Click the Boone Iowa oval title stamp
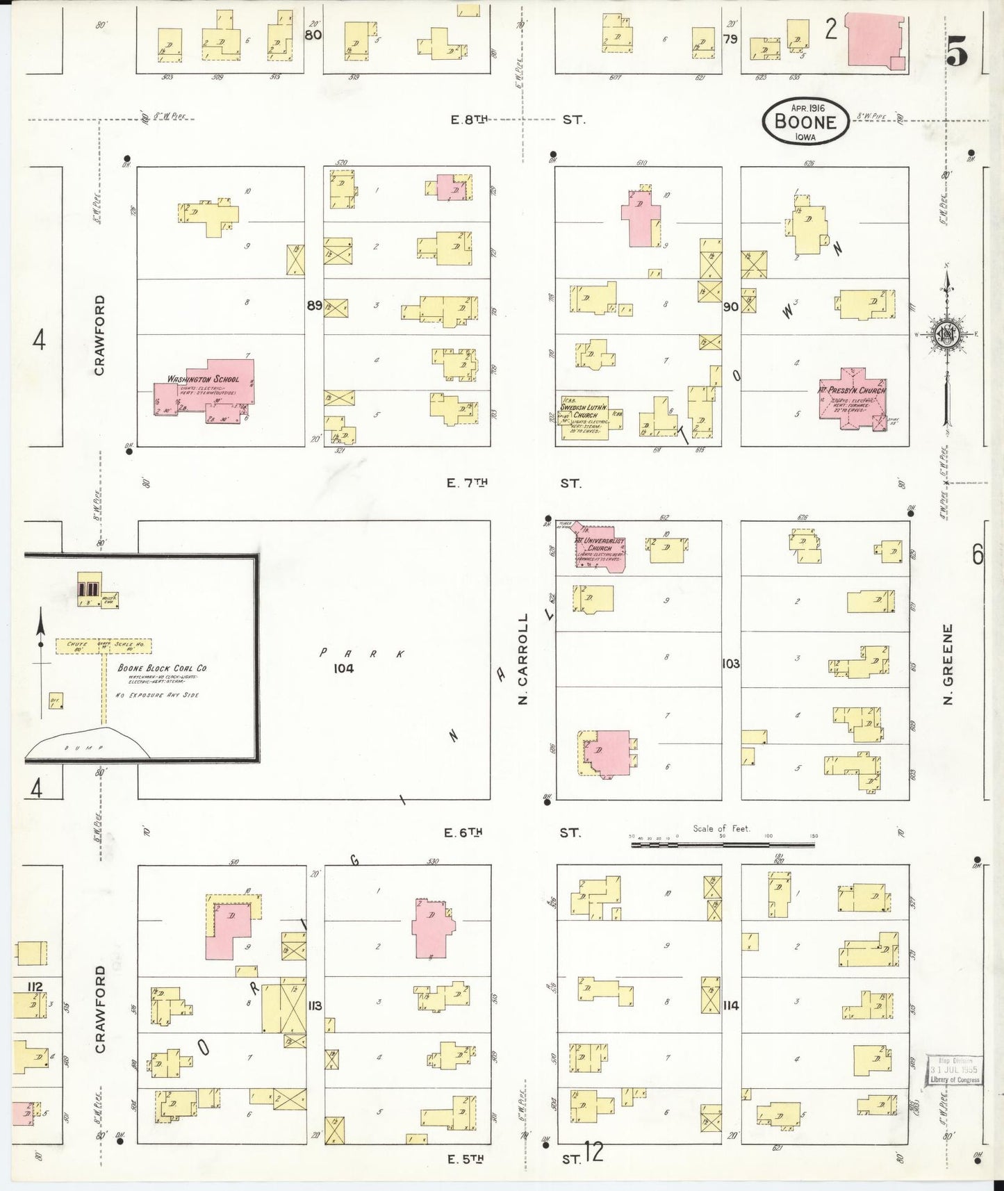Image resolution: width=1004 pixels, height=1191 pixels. point(805,122)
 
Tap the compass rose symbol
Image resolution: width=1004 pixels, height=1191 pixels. point(946,334)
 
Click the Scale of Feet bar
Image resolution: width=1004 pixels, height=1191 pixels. point(723,844)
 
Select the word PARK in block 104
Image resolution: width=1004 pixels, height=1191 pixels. point(361,653)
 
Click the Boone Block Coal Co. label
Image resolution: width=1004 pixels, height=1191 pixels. point(162,668)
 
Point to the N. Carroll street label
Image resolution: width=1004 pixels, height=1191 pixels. point(523,659)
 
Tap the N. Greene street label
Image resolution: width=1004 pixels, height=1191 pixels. point(948,664)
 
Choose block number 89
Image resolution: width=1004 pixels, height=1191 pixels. point(314,305)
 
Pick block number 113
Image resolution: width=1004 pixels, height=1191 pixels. point(315,1005)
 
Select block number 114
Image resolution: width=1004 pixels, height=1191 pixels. point(730,1005)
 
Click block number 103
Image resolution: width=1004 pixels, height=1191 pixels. point(730,664)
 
